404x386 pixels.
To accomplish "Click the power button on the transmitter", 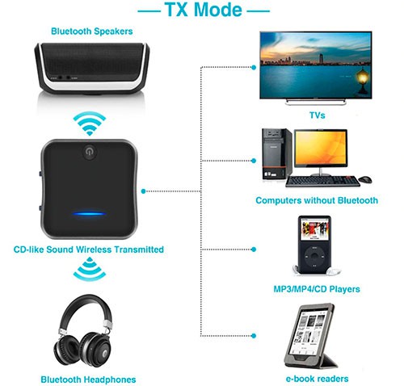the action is point(89,152).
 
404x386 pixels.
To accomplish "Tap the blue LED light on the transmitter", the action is point(89,214).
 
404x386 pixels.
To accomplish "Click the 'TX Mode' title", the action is point(203,10).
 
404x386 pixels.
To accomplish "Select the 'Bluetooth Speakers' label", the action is point(92,31).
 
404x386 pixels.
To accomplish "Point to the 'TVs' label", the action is point(317,115).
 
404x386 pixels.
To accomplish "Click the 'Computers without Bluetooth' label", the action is point(317,200).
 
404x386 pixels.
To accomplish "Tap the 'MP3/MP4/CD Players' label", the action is point(317,289).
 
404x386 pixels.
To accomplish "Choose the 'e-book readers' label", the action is point(317,379).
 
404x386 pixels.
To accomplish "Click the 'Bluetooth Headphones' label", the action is point(88,380).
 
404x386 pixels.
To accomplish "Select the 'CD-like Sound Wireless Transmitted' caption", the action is point(89,250).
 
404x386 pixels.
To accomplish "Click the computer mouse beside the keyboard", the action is point(365,179).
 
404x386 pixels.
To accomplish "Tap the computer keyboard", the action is point(322,181).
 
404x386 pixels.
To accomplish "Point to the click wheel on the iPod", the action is point(314,256).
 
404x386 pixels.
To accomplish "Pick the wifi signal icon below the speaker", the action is point(90,124).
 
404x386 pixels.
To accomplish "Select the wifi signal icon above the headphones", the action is point(90,269).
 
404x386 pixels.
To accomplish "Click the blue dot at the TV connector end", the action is point(254,68).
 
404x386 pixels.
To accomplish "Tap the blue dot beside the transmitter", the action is point(143,191).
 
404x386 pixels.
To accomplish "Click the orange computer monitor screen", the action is point(320,148).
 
